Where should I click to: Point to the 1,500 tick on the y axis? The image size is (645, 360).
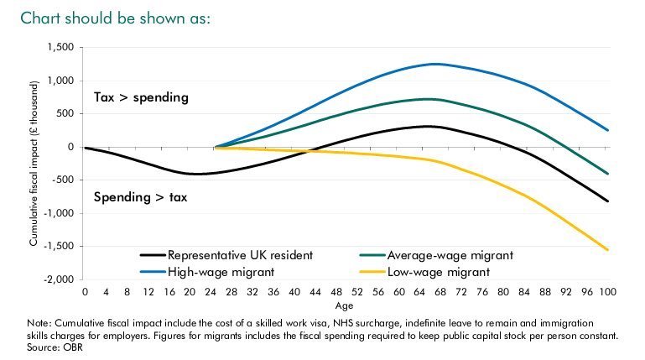(61, 48)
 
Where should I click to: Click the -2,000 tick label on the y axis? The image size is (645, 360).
(60, 279)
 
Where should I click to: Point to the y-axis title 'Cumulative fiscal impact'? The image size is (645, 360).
(34, 164)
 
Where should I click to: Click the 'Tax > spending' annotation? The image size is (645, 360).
(142, 98)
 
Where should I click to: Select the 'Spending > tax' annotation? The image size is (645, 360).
(142, 198)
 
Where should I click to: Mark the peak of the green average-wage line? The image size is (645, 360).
(429, 99)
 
